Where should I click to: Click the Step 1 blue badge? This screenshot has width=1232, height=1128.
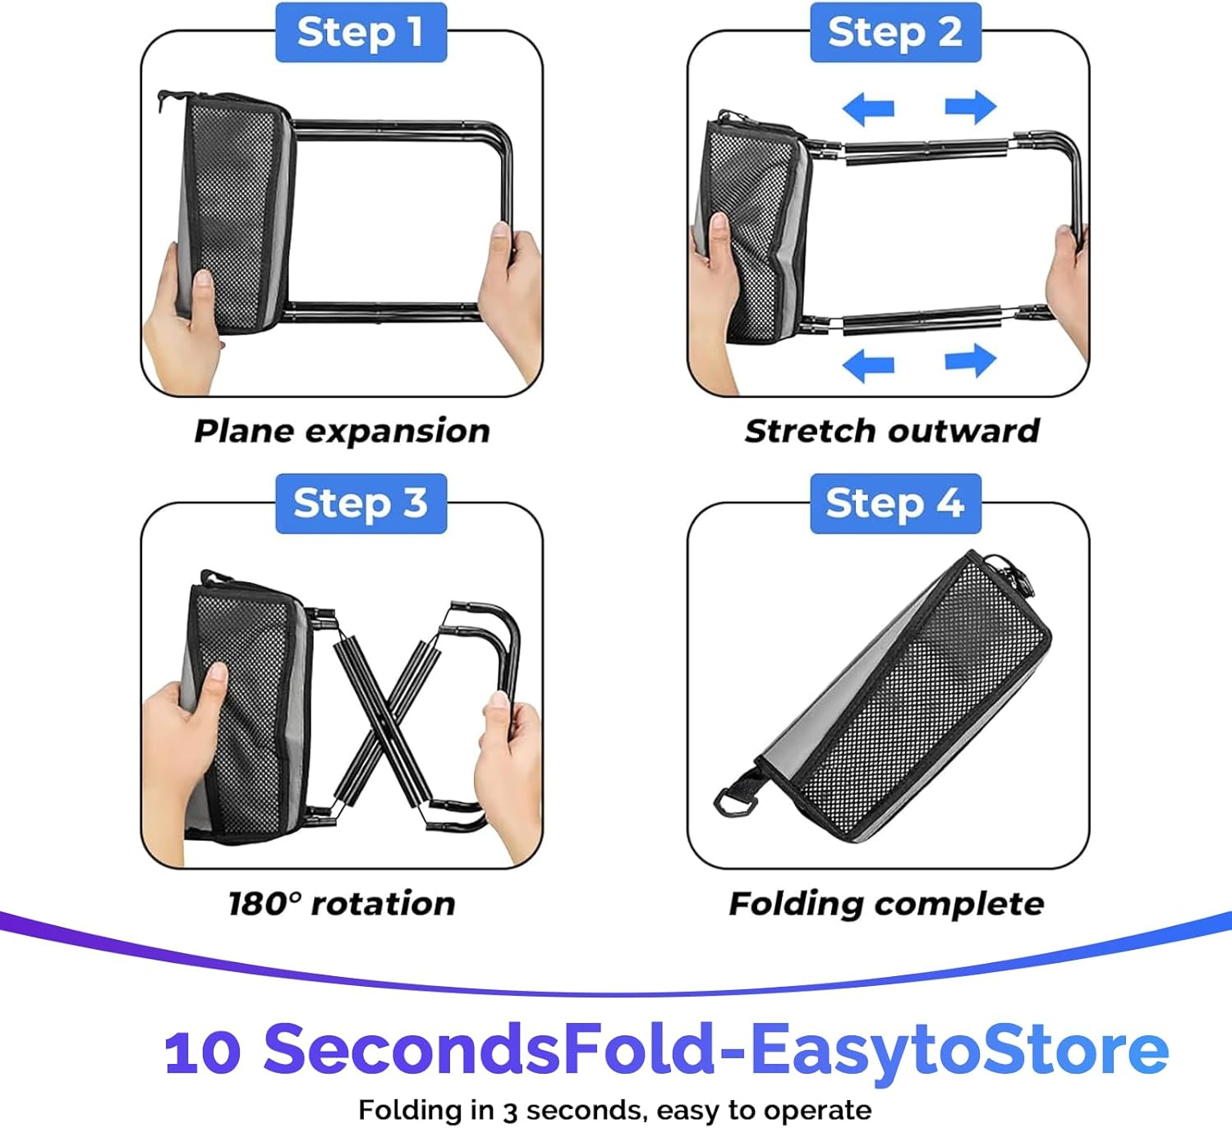point(361,32)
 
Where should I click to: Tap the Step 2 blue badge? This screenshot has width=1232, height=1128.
point(895,32)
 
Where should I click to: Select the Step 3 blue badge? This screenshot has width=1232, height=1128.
point(361,503)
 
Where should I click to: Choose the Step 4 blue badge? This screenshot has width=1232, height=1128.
point(895,503)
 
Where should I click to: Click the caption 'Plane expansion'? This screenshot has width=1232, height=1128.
point(342,431)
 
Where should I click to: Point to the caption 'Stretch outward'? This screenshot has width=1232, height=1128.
point(892,430)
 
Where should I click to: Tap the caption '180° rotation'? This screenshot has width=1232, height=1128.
point(342,903)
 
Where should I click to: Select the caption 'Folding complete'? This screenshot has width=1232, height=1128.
point(886,904)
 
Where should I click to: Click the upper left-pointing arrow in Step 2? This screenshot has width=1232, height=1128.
point(868,108)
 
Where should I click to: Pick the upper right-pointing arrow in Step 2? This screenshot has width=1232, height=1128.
point(970,107)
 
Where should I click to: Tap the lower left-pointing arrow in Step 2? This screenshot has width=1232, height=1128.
point(868,365)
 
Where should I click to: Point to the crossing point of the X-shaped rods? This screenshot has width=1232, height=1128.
point(387,722)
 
